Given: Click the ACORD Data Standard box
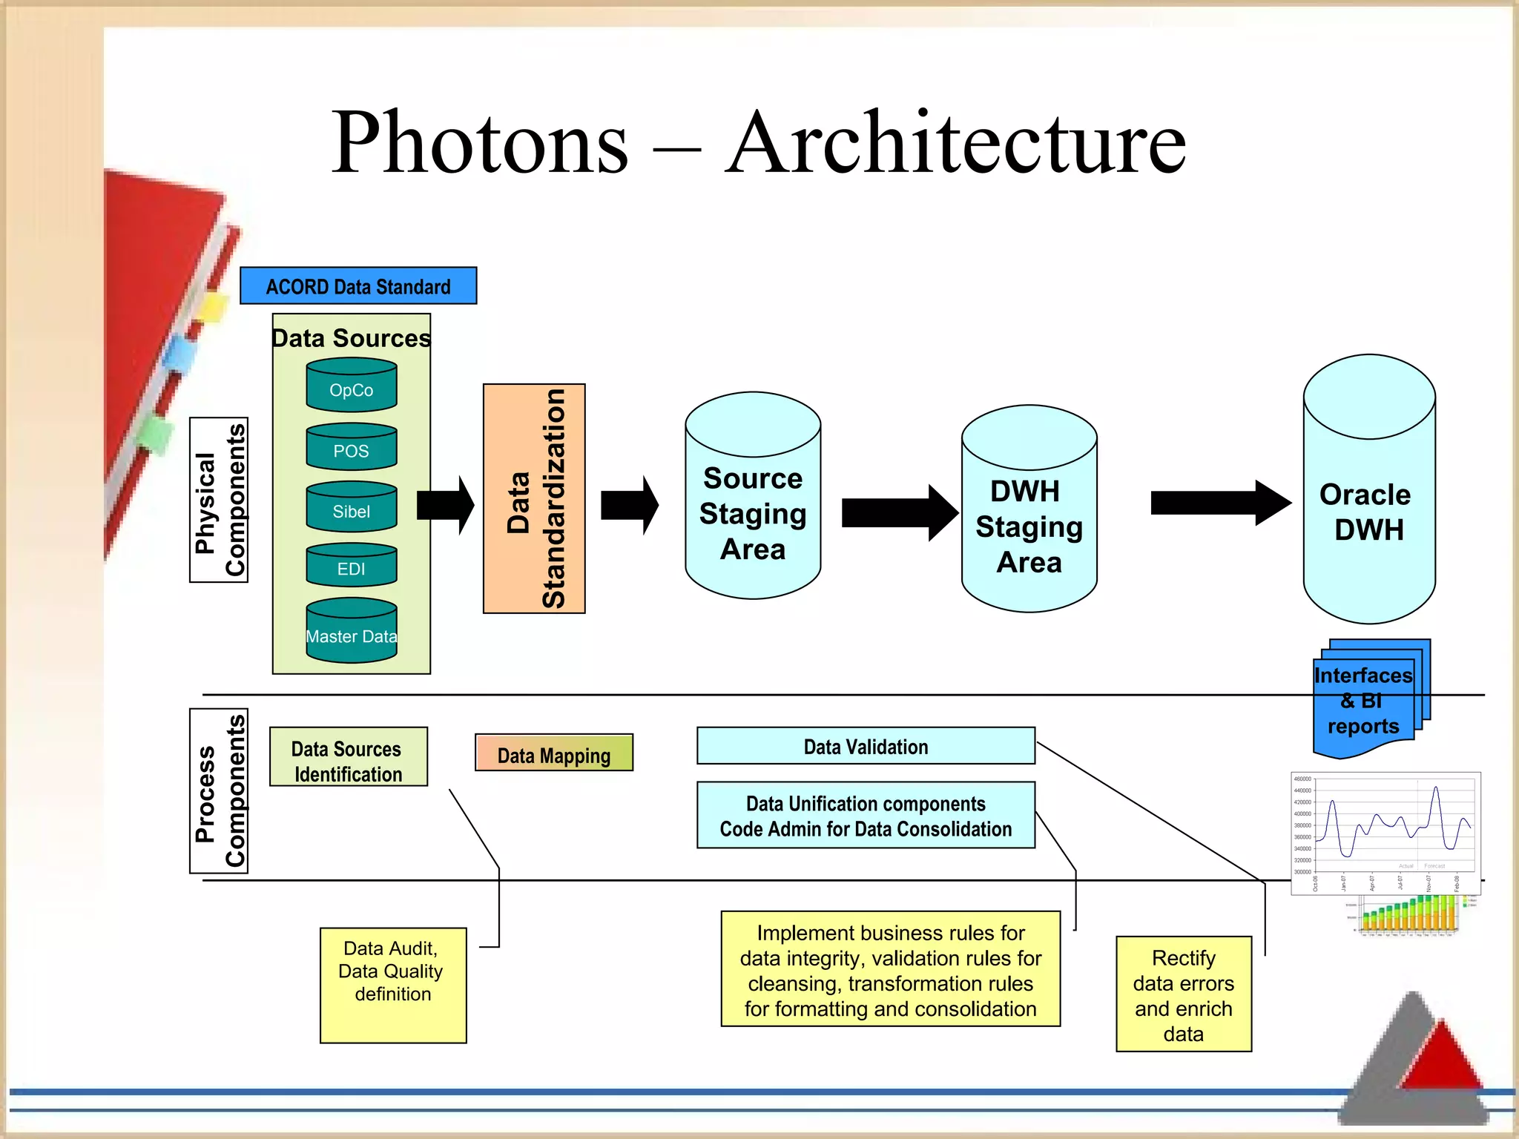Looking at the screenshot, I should point(358,286).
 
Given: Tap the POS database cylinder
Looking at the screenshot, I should point(352,449).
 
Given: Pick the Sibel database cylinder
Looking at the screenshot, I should point(352,509).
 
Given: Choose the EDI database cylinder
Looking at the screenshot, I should point(352,567).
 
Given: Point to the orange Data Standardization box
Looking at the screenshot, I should point(534,498).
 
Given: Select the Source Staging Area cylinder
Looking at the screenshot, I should point(753,512).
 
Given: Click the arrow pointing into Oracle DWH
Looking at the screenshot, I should point(1220,503).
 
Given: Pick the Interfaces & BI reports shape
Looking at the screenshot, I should point(1365,701).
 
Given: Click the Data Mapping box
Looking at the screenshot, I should point(554,753).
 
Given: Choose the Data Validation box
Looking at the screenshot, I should point(866,746).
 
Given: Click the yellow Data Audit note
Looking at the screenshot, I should point(393,985).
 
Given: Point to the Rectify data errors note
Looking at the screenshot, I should point(1184,994).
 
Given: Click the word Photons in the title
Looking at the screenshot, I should point(480,142).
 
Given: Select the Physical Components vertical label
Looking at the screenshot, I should point(219,501).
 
